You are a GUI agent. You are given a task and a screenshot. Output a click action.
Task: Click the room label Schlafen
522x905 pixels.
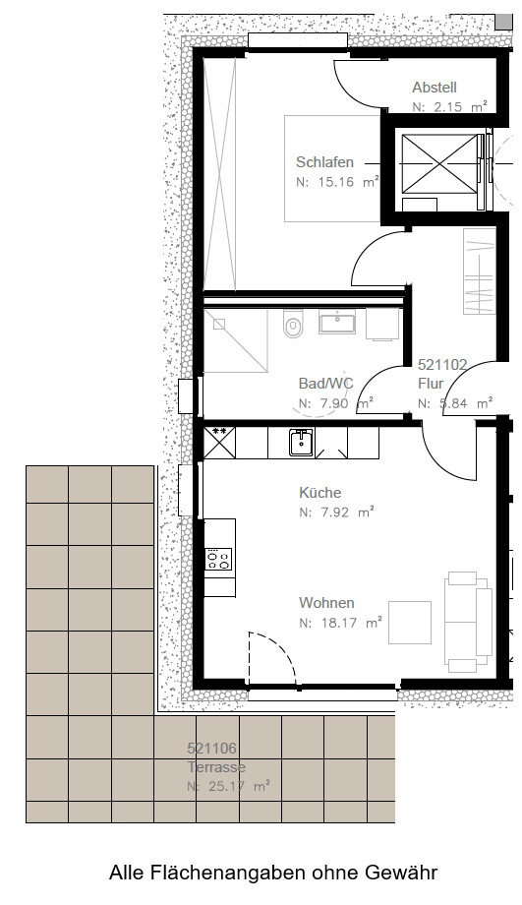[324, 161]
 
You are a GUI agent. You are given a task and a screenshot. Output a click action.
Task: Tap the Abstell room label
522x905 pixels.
[435, 88]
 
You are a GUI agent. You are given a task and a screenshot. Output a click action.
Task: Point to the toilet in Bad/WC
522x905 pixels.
[293, 325]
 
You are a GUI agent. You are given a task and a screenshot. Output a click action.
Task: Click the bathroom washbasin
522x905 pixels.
[337, 321]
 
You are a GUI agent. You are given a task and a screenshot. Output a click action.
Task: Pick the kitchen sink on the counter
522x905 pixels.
[301, 442]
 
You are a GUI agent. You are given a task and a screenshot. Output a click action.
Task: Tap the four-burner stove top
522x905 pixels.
[218, 560]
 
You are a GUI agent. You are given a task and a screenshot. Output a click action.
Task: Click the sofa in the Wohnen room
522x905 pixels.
[468, 622]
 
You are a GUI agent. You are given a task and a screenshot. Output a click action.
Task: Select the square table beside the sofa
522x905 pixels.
[410, 622]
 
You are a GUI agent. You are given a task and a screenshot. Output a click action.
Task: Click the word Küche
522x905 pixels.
[319, 493]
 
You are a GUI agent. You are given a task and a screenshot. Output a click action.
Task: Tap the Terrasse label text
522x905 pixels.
[216, 767]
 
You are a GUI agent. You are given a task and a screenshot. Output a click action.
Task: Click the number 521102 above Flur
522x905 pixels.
[442, 365]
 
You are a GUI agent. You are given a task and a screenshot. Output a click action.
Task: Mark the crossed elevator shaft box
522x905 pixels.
[440, 163]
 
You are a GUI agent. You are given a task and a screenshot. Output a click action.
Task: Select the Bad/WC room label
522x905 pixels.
[326, 384]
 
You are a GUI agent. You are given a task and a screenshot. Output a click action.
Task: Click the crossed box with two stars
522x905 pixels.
[219, 442]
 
